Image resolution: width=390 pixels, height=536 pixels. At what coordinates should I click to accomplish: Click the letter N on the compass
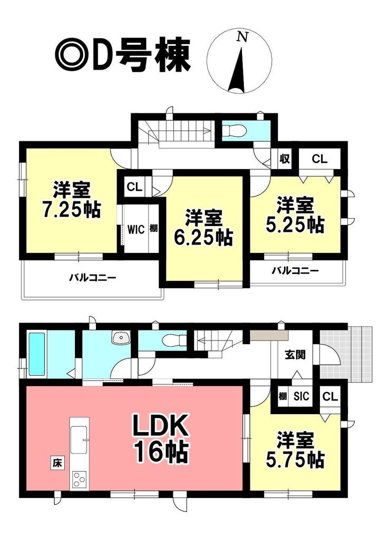242,37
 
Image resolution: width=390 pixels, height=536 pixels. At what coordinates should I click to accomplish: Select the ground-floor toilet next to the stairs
174,340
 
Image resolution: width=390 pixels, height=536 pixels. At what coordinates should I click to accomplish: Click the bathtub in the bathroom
37,354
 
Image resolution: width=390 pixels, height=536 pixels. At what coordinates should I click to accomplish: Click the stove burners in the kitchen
79,479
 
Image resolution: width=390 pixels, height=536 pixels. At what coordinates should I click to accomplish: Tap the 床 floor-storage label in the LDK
57,463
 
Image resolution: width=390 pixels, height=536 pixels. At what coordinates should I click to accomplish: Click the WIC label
136,229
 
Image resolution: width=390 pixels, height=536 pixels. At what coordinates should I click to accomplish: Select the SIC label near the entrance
301,396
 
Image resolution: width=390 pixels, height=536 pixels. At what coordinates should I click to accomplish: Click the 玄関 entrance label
295,355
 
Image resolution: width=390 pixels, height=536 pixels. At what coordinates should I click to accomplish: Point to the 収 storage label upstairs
285,159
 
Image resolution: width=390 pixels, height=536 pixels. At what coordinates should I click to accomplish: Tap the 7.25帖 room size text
71,210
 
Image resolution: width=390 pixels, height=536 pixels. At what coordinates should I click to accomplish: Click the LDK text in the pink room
160,425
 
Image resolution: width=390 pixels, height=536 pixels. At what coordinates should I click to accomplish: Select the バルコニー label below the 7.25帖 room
93,277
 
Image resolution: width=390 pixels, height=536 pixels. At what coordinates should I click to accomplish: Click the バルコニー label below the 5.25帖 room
295,271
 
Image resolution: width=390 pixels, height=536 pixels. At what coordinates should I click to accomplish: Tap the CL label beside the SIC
330,396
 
